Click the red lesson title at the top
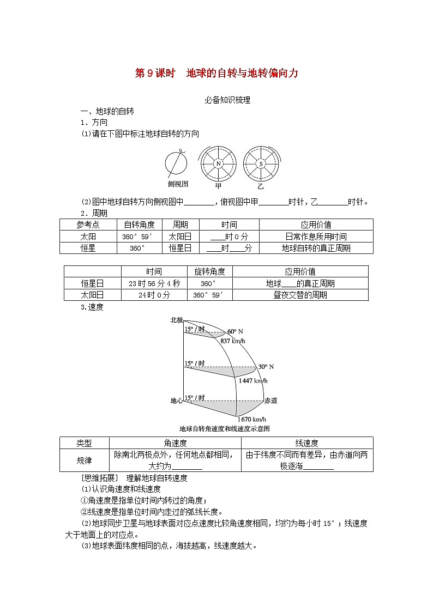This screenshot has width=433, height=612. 216,74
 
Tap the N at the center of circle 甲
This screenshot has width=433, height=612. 218,163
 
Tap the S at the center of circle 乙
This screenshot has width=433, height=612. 261,163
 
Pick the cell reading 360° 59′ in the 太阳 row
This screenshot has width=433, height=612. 139,237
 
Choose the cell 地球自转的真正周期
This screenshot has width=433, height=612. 316,248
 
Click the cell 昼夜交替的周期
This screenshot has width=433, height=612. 300,295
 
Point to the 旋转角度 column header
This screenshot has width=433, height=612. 209,271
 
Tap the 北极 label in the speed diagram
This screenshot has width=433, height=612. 176,320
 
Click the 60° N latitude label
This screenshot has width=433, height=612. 236,331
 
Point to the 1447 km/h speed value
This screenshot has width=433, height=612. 254,380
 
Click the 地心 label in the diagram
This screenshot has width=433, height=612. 176,401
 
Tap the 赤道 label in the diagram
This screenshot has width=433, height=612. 270,401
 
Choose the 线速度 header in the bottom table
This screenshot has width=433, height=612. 306,443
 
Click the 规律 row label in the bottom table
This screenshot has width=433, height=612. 85,460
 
